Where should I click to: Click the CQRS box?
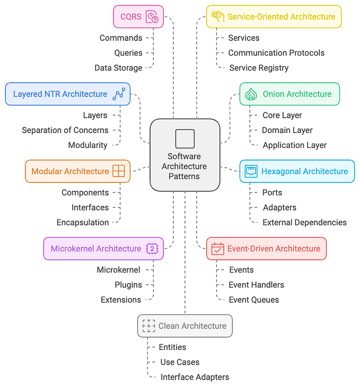(x=138, y=16)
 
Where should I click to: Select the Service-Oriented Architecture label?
(x=281, y=16)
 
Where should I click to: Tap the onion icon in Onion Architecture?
(x=252, y=94)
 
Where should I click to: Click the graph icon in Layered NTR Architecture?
(x=119, y=94)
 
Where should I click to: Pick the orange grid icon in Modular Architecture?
(x=119, y=171)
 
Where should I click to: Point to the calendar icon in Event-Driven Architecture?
(x=218, y=249)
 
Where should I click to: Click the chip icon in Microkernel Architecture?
(x=152, y=249)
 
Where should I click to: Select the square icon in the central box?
(x=185, y=139)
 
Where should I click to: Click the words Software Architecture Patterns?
(x=185, y=166)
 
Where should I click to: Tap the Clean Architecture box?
(x=185, y=326)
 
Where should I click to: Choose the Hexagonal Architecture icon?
(x=251, y=171)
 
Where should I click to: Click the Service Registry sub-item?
(x=259, y=68)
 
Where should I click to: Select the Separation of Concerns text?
(x=65, y=130)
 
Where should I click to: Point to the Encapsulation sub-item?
(x=83, y=223)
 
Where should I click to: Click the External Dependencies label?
(x=304, y=223)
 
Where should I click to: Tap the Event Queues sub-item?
(x=253, y=300)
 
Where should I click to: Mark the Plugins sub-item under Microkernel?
(x=128, y=285)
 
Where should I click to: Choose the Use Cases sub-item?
(x=180, y=362)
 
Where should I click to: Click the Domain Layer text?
(x=287, y=130)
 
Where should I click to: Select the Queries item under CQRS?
(x=128, y=53)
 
